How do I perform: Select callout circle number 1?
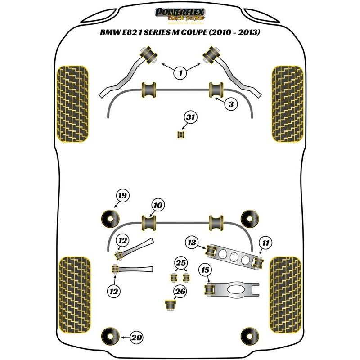[180, 72]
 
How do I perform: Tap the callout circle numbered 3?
[230, 104]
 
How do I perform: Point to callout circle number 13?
[192, 243]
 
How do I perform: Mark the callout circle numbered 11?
[266, 243]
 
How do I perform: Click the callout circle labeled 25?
[180, 263]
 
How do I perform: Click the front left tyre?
[72, 104]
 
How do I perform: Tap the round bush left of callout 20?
[109, 336]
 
